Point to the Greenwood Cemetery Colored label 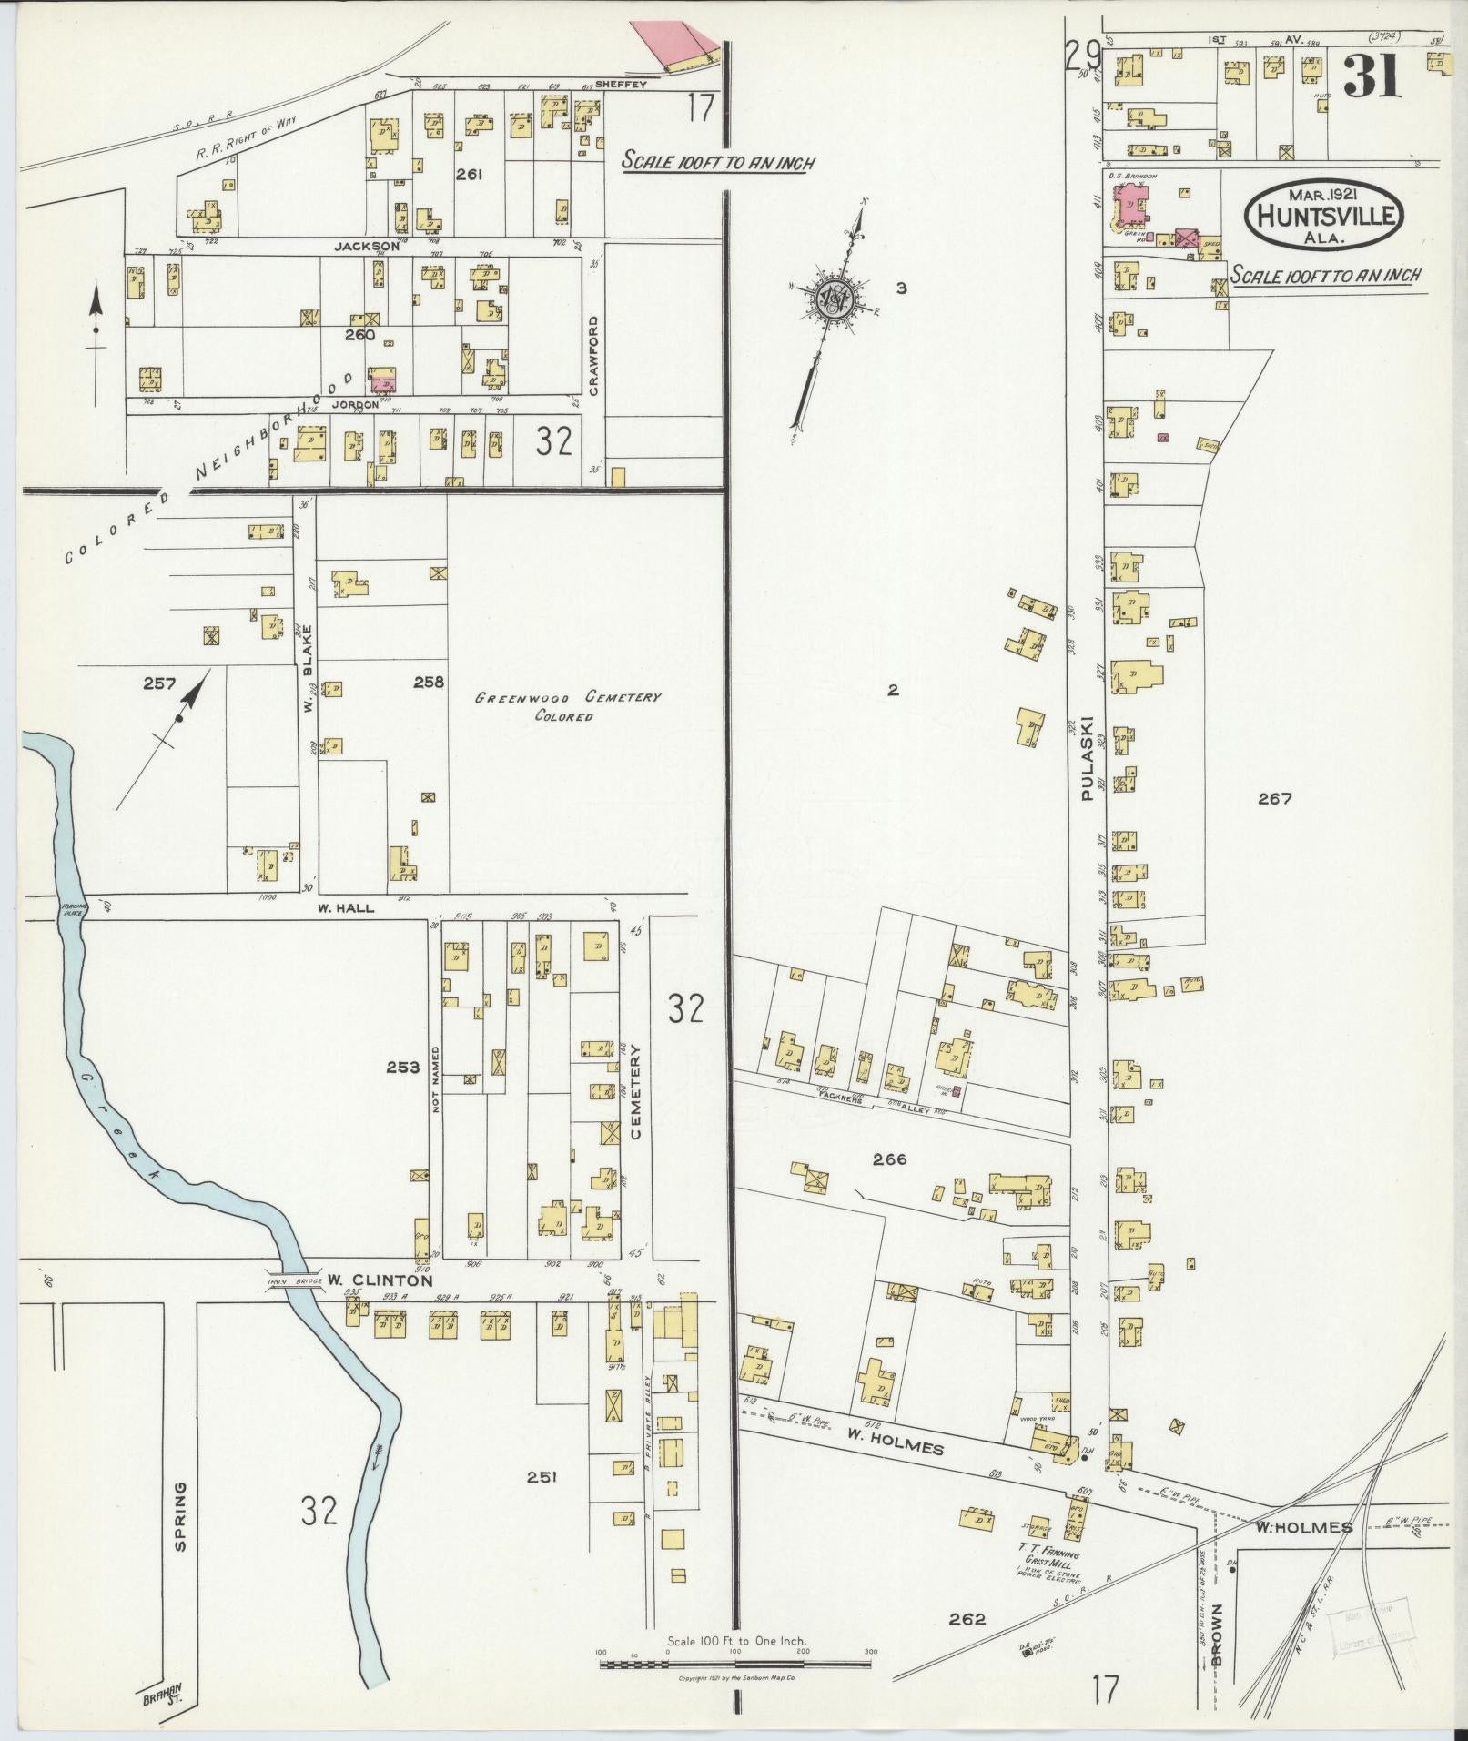568,706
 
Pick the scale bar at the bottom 735,1665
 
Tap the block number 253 403,1068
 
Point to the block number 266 889,1159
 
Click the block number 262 967,1619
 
